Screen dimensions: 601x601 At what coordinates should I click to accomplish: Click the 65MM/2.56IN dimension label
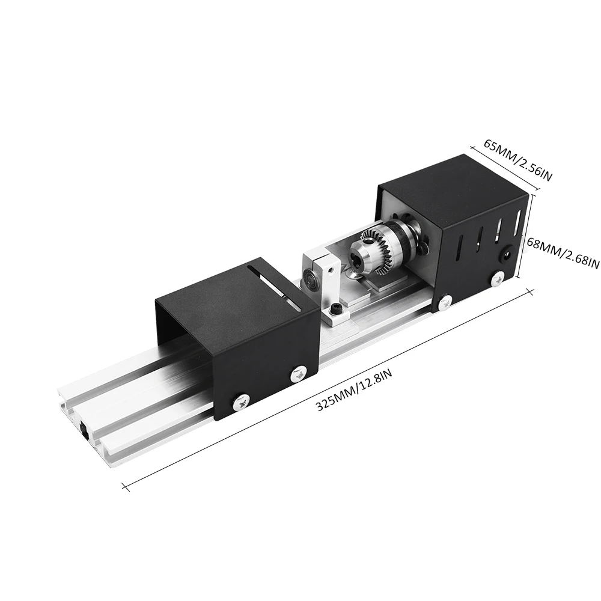point(518,160)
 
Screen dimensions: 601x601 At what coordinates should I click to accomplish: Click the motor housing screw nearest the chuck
point(445,300)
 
